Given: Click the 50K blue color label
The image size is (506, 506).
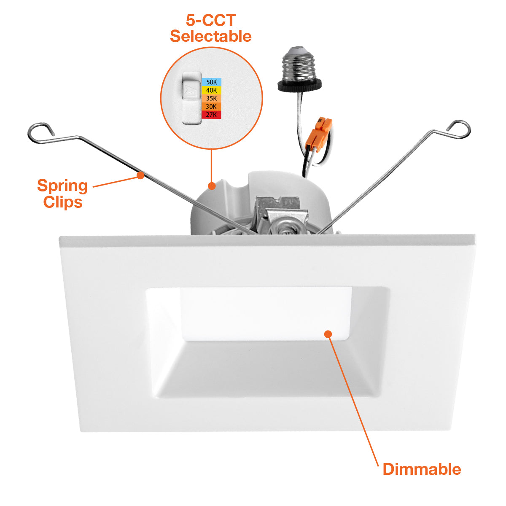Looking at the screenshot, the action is tap(211, 82).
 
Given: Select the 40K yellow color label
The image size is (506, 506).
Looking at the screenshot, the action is tap(211, 90).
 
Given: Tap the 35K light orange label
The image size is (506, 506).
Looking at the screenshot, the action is tap(211, 99).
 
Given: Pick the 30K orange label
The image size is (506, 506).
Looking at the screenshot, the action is tap(211, 107).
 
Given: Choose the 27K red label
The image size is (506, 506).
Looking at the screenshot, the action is tap(211, 115).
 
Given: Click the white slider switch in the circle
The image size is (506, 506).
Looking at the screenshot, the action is tap(192, 98).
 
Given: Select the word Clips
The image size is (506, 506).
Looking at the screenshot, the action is tap(63, 203).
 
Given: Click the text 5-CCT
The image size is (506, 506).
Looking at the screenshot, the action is tap(211, 20).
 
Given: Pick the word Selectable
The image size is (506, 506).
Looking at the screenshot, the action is tap(211, 36).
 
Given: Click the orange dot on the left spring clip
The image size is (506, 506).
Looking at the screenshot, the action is tap(140, 175).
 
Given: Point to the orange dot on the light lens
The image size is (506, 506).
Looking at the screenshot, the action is tap(328, 334).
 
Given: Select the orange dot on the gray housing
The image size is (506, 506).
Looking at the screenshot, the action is tap(212, 186).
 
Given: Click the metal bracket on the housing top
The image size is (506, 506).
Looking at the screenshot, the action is tap(280, 216).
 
